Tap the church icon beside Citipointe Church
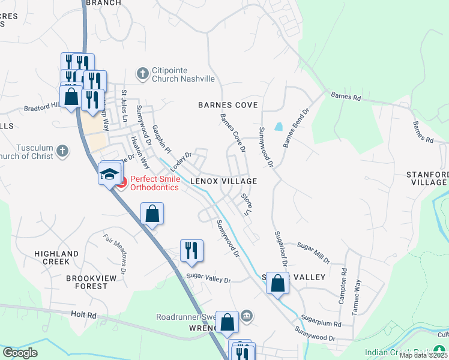pyautogui.click(x=142, y=74)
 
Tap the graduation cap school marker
pyautogui.click(x=109, y=175)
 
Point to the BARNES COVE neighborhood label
pyautogui.click(x=228, y=105)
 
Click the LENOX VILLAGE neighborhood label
pyautogui.click(x=223, y=181)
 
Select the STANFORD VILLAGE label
pyautogui.click(x=427, y=178)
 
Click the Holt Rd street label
pyautogui.click(x=83, y=314)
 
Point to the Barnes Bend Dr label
pyautogui.click(x=295, y=128)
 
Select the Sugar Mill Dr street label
pyautogui.click(x=314, y=253)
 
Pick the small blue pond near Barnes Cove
pyautogui.click(x=278, y=127)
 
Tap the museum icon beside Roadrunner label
pyautogui.click(x=246, y=316)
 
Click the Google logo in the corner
pyautogui.click(x=20, y=352)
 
